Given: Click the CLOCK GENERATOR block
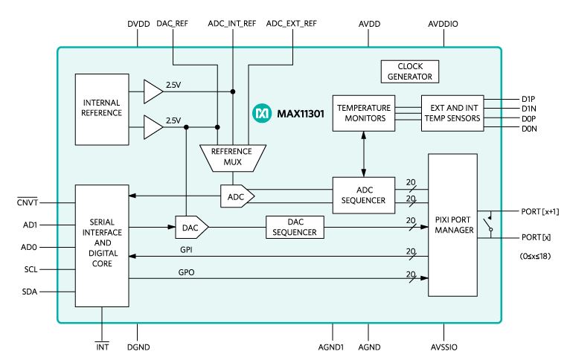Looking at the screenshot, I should (409, 71).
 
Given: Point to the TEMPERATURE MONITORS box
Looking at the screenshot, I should (364, 113).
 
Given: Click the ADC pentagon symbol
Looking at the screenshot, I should (237, 196).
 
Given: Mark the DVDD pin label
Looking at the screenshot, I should (138, 24).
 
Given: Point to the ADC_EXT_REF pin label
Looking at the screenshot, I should (291, 24).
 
